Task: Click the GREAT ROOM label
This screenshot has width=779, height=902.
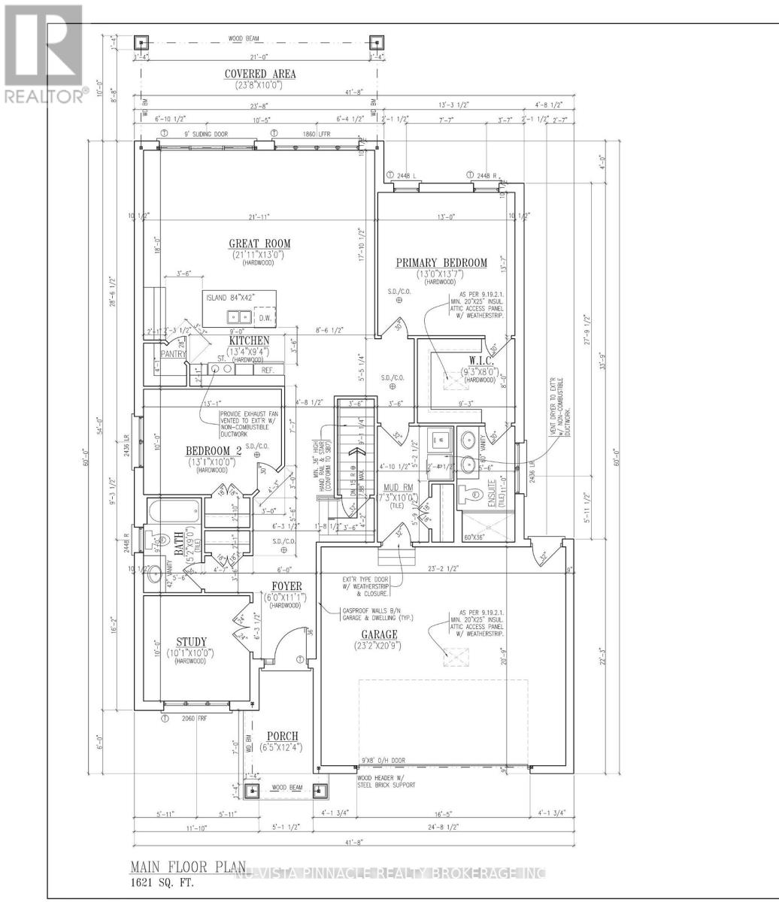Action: point(260,244)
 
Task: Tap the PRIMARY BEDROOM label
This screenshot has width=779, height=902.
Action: point(442,262)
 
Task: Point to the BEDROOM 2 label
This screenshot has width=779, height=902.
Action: point(214,451)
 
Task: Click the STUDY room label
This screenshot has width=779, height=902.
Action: point(192,641)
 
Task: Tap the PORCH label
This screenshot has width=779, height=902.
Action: point(282,735)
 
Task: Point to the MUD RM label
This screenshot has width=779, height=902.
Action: point(397,486)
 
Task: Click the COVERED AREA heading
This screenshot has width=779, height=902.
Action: point(259,74)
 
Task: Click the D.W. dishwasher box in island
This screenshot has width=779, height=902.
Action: point(264,317)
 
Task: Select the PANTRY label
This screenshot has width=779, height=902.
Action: point(171,353)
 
